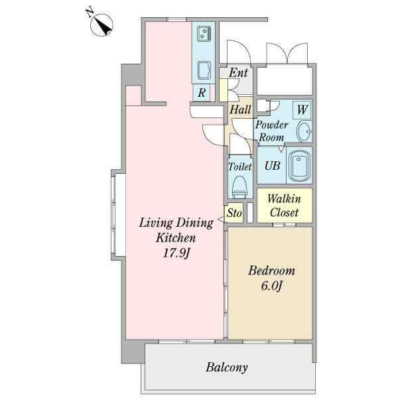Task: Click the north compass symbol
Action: pos(101,25)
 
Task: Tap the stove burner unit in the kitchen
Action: pos(204,34)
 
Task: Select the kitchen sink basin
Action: pos(204,70)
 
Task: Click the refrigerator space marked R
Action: pos(202,93)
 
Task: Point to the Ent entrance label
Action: pos(238,73)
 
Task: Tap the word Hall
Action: pos(240,109)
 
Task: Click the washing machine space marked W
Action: pos(302,110)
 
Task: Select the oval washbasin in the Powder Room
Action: pos(304,131)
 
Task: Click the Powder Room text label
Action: pos(271,131)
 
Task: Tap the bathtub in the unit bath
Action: pos(299,165)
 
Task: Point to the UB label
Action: pos(272,166)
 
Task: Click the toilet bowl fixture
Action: pos(239,186)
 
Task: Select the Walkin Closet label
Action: pos(285,206)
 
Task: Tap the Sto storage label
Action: pos(234,213)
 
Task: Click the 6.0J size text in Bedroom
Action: pos(271,286)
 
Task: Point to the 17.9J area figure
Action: pos(176,253)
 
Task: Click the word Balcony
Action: pos(226,367)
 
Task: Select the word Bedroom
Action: pos(271,271)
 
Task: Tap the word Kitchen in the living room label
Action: pos(176,238)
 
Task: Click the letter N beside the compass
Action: pos(90,13)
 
